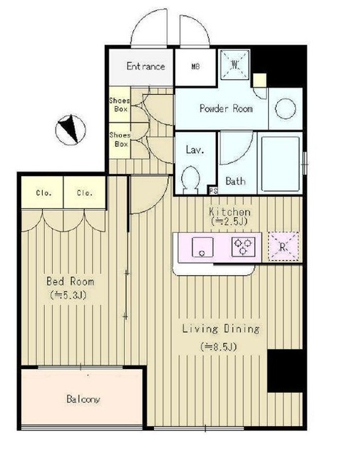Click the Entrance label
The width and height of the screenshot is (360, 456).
point(146,66)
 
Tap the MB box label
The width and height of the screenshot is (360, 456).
point(195,66)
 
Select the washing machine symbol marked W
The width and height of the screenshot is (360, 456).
point(235,65)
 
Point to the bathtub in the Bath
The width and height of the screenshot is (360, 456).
point(281,164)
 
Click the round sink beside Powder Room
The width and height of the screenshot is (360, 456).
point(285,108)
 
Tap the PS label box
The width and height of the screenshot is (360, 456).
point(213,191)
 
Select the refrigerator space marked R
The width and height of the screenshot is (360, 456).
point(283,247)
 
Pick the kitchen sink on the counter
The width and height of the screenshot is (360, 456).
point(202,247)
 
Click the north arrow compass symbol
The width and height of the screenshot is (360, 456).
point(71,130)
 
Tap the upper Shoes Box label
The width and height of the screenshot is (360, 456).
point(120,105)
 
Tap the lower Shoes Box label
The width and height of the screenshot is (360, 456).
point(120,140)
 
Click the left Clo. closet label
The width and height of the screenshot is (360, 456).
point(43,193)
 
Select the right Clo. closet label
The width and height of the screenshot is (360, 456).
point(85,193)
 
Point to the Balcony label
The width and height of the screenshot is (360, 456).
point(83,399)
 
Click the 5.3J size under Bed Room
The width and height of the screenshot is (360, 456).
point(68,295)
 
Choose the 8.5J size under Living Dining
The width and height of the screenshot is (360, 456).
point(218,347)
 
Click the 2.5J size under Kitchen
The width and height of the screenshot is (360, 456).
point(229,222)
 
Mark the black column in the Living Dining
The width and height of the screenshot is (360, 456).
point(285,370)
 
